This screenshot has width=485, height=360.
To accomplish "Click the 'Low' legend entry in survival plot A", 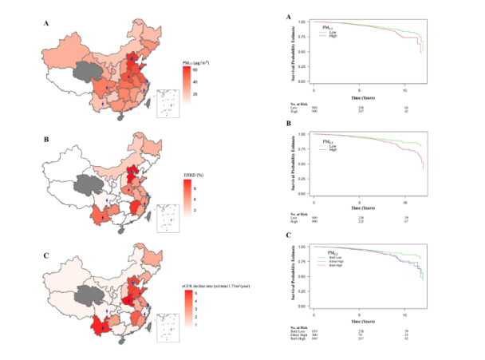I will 329,31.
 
